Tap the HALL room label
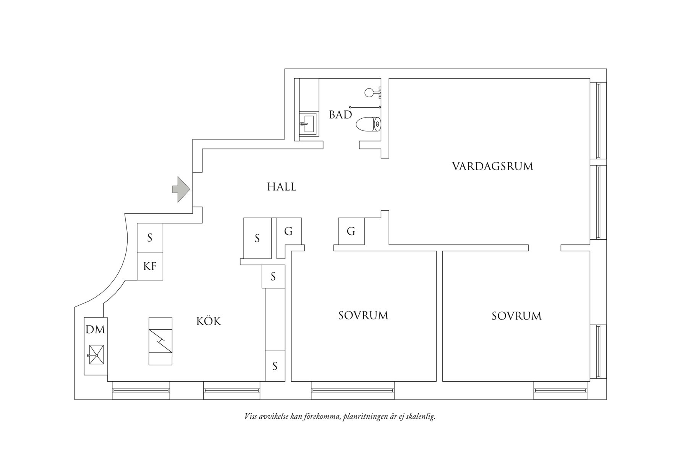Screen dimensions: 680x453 [282, 187]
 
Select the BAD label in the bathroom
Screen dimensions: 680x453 [340, 114]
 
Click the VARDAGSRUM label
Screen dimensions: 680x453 [492, 166]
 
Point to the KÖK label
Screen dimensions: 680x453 [209, 321]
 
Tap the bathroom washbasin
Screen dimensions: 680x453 [309, 124]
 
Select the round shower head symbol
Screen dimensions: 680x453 [369, 92]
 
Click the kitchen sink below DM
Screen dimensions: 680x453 [96, 355]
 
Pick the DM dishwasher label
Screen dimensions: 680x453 [95, 330]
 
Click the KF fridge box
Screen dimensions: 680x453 [150, 266]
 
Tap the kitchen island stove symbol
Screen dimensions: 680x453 [160, 341]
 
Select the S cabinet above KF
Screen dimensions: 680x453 [150, 238]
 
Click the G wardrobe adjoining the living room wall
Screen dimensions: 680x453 [351, 231]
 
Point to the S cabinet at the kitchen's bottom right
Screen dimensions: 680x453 [275, 366]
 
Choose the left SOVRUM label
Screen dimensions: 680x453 [363, 316]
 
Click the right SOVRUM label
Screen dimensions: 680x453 [516, 316]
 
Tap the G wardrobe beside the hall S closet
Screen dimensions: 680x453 [289, 231]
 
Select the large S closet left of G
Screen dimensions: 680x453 [257, 238]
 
